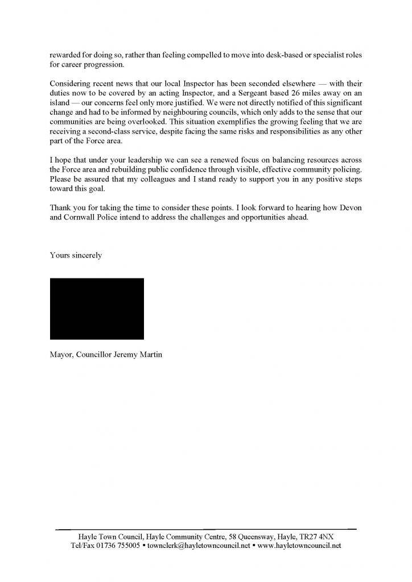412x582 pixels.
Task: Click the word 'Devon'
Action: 351,209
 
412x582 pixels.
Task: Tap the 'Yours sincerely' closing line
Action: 76,255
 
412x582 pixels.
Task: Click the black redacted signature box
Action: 97,309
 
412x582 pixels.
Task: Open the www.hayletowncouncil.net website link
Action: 299,546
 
